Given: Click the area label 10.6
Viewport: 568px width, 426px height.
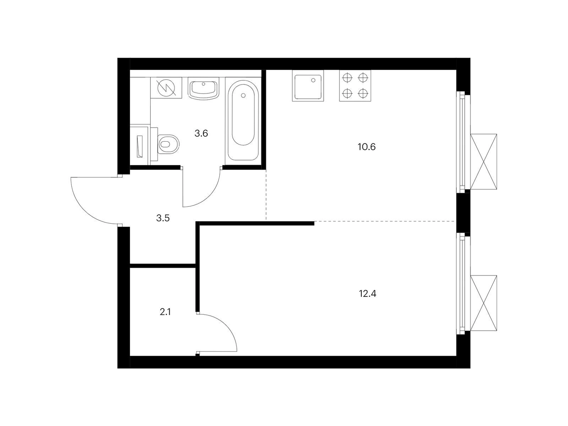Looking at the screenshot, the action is [x=366, y=147].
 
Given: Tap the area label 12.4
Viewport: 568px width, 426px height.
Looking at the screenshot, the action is [x=367, y=294].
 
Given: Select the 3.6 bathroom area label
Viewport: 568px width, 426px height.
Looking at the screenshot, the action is [x=201, y=133].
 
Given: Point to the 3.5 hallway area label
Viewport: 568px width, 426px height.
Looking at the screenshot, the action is [x=163, y=218].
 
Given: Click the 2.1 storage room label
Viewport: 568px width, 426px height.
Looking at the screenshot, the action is [x=165, y=312].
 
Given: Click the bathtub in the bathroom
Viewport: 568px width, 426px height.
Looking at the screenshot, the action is [x=243, y=121].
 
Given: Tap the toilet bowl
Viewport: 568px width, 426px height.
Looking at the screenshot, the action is [x=168, y=144].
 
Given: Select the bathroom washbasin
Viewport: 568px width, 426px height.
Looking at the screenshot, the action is [x=203, y=89].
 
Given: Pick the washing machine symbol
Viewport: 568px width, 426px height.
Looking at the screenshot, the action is [x=166, y=87].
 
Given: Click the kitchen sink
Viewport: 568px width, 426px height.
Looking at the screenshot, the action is [x=308, y=86].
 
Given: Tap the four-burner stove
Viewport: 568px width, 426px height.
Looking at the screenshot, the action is [x=355, y=86].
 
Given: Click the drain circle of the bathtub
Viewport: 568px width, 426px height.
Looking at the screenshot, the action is [x=243, y=96].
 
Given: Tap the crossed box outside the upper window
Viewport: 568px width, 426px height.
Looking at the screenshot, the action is [x=483, y=162].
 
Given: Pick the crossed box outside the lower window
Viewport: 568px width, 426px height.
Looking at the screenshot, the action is [x=483, y=303].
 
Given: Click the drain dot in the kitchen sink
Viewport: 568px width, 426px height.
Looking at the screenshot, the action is [x=313, y=80].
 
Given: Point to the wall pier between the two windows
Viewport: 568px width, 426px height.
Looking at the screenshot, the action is [x=463, y=213].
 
